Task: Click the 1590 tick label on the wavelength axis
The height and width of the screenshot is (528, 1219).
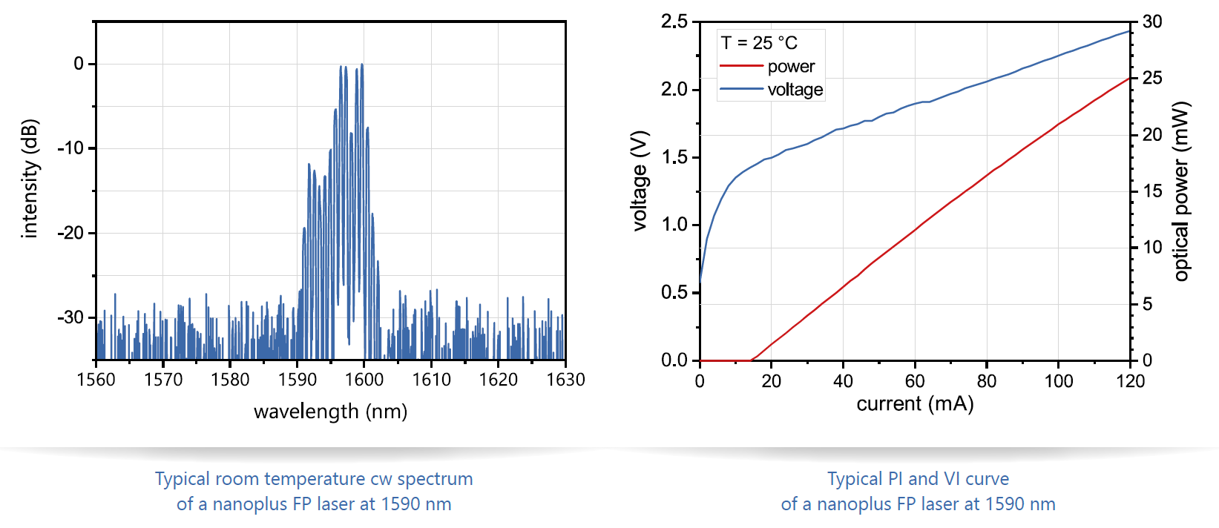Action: coord(297,380)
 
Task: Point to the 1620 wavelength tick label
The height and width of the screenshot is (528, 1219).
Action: coord(498,380)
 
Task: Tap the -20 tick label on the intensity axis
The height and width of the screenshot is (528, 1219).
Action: coord(70,233)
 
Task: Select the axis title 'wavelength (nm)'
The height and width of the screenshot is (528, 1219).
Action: coord(330,412)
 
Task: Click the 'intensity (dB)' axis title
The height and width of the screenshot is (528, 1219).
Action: coord(30,179)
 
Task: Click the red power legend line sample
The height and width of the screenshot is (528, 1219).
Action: coord(741,67)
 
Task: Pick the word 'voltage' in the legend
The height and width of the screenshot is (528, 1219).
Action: coord(795,90)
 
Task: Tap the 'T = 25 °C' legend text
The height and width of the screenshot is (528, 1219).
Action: coord(759,43)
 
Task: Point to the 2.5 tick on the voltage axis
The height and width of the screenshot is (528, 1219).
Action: coord(674,22)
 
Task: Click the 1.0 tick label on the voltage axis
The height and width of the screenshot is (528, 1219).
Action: coord(674,225)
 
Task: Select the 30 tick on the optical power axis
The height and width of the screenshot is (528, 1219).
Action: coord(1152,22)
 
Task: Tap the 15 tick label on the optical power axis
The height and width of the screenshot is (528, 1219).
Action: coord(1152,191)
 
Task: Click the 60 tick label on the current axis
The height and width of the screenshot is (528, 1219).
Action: coord(915,381)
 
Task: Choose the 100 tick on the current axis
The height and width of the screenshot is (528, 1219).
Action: coord(1059,381)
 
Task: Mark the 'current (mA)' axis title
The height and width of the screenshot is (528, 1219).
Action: coord(915,404)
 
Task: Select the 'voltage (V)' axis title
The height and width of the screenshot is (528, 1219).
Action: coord(640,181)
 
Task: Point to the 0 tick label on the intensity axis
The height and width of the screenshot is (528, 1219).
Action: coord(79,64)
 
